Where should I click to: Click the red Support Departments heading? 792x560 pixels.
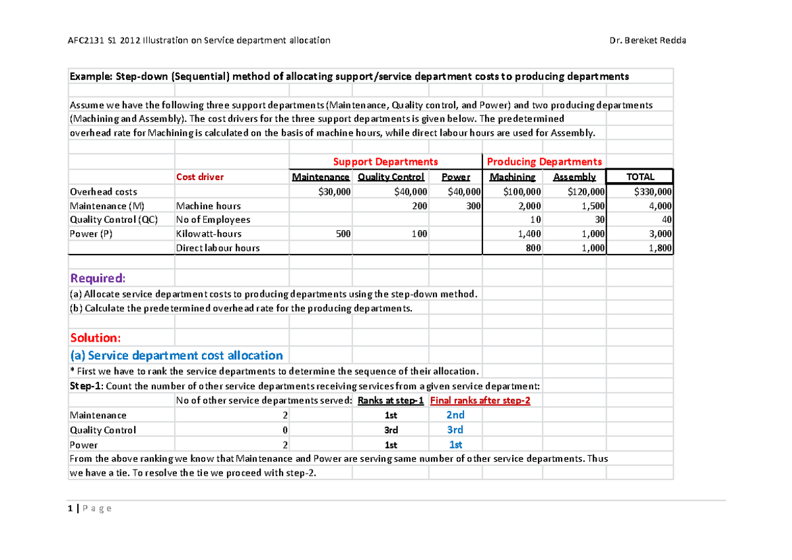[x=385, y=162]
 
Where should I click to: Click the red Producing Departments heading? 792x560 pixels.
[x=544, y=162]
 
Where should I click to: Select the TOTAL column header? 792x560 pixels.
[x=640, y=177]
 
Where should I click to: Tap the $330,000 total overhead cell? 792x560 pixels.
[x=652, y=192]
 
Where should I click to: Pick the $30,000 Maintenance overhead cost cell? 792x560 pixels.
[x=333, y=192]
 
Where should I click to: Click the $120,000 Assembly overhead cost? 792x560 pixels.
[x=584, y=192]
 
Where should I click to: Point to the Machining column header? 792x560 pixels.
[x=513, y=177]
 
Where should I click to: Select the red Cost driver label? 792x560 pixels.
[x=199, y=177]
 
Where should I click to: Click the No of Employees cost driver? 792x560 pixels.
[x=213, y=220]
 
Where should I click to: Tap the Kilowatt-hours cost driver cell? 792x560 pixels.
[x=209, y=233]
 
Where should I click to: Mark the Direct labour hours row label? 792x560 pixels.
[x=218, y=248]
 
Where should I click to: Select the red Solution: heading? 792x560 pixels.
[x=96, y=338]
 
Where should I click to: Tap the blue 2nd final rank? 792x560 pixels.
[x=455, y=415]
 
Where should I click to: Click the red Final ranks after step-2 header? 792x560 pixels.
[x=480, y=400]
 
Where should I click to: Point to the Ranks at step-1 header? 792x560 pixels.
[x=391, y=400]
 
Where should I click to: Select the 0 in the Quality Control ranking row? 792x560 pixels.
[x=284, y=430]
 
